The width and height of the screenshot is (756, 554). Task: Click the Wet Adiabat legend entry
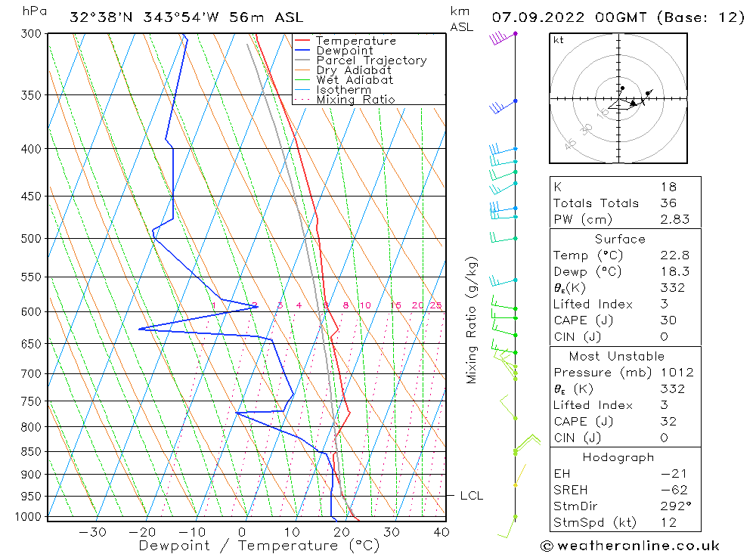point(355,80)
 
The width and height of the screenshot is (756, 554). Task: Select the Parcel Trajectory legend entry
point(371,60)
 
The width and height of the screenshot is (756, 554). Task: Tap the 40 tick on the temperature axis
point(441,532)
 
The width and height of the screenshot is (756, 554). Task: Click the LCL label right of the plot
point(471,496)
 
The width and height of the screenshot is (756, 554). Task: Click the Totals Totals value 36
point(668,203)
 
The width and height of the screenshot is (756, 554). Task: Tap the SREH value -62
point(671,490)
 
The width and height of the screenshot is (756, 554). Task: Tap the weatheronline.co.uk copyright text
point(630,546)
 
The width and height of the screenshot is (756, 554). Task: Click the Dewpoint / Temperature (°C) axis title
point(259,546)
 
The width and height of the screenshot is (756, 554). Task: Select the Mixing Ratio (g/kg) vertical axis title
point(472,320)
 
